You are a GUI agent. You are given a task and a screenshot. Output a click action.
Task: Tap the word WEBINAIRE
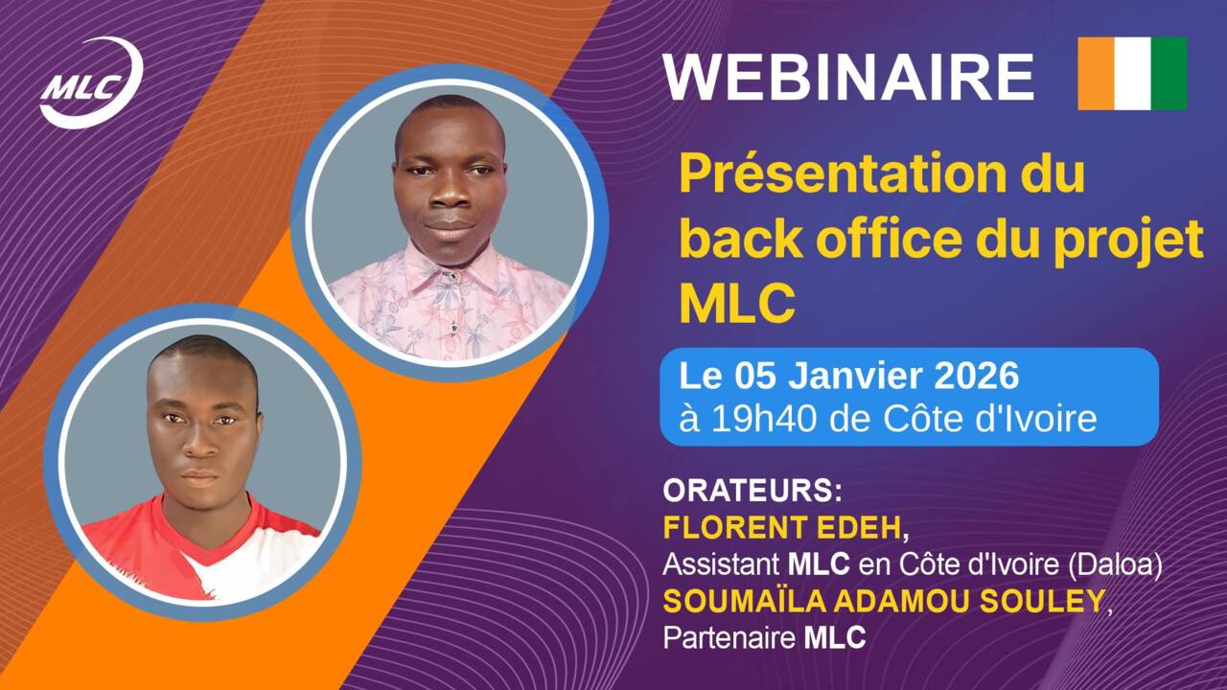coord(848,77)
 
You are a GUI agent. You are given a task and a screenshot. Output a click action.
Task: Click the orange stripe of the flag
coord(1096,74)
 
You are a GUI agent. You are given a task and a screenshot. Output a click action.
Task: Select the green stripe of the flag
coord(1169,74)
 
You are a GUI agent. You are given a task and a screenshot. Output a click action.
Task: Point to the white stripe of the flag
coord(1132,74)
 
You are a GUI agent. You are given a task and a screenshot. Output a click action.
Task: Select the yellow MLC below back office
coord(737,305)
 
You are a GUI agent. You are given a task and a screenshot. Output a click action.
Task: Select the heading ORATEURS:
coord(752,491)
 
